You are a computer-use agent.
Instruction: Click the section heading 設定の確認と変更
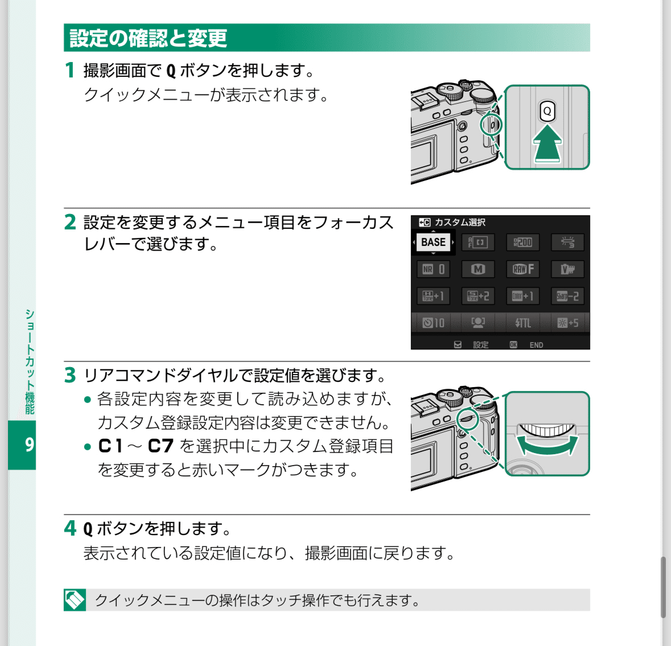(x=148, y=38)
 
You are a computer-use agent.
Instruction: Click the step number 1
(x=69, y=70)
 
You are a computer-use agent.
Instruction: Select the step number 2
(x=70, y=222)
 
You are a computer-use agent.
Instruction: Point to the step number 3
(x=70, y=375)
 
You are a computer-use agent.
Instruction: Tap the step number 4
(x=70, y=528)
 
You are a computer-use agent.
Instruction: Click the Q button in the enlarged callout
(x=547, y=111)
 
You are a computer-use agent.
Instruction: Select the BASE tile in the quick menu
(x=433, y=242)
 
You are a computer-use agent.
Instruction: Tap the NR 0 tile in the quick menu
(x=433, y=269)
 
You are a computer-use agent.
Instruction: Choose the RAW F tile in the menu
(x=523, y=269)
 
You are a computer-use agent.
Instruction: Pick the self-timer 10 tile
(x=433, y=323)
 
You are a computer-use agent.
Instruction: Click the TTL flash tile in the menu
(x=523, y=323)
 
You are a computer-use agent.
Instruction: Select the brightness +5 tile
(x=567, y=323)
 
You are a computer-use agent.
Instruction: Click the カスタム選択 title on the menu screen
(x=459, y=223)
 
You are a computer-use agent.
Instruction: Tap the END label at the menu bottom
(x=536, y=345)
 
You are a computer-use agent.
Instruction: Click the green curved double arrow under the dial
(x=546, y=447)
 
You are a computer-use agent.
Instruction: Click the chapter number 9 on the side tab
(x=29, y=445)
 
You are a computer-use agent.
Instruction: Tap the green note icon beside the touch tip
(x=75, y=600)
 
